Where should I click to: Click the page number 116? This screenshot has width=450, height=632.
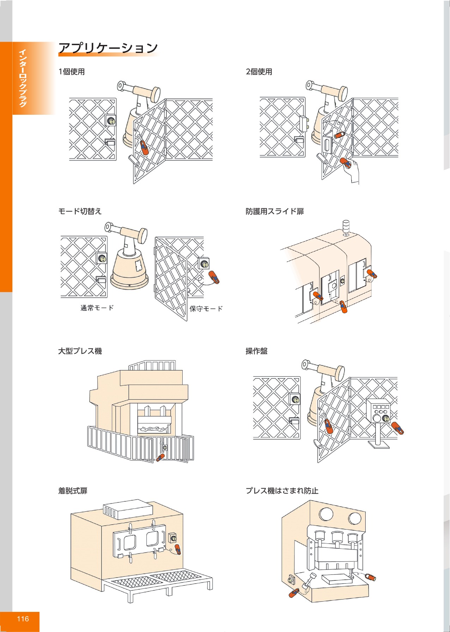pyautogui.click(x=23, y=619)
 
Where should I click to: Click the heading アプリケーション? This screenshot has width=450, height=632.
pyautogui.click(x=108, y=48)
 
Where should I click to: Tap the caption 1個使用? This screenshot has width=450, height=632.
pyautogui.click(x=72, y=72)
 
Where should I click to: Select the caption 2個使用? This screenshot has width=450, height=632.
pyautogui.click(x=259, y=72)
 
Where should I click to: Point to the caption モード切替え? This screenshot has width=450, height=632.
pyautogui.click(x=80, y=211)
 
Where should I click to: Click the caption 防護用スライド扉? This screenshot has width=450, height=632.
pyautogui.click(x=275, y=211)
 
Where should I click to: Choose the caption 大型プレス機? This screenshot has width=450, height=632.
pyautogui.click(x=80, y=351)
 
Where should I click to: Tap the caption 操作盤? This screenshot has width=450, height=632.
pyautogui.click(x=256, y=351)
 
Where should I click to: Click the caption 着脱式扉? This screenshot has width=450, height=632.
pyautogui.click(x=73, y=491)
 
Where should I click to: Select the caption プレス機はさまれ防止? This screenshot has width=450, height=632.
pyautogui.click(x=282, y=491)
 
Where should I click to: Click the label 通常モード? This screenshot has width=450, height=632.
pyautogui.click(x=97, y=308)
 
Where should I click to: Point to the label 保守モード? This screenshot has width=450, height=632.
pyautogui.click(x=206, y=309)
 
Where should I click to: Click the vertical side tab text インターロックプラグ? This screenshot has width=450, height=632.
pyautogui.click(x=23, y=78)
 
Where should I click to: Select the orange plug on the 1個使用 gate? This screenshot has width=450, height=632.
pyautogui.click(x=144, y=147)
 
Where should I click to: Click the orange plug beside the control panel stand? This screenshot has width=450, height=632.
pyautogui.click(x=398, y=428)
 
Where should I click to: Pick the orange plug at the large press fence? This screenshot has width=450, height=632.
pyautogui.click(x=160, y=458)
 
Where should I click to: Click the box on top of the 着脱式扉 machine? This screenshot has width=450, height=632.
pyautogui.click(x=128, y=509)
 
